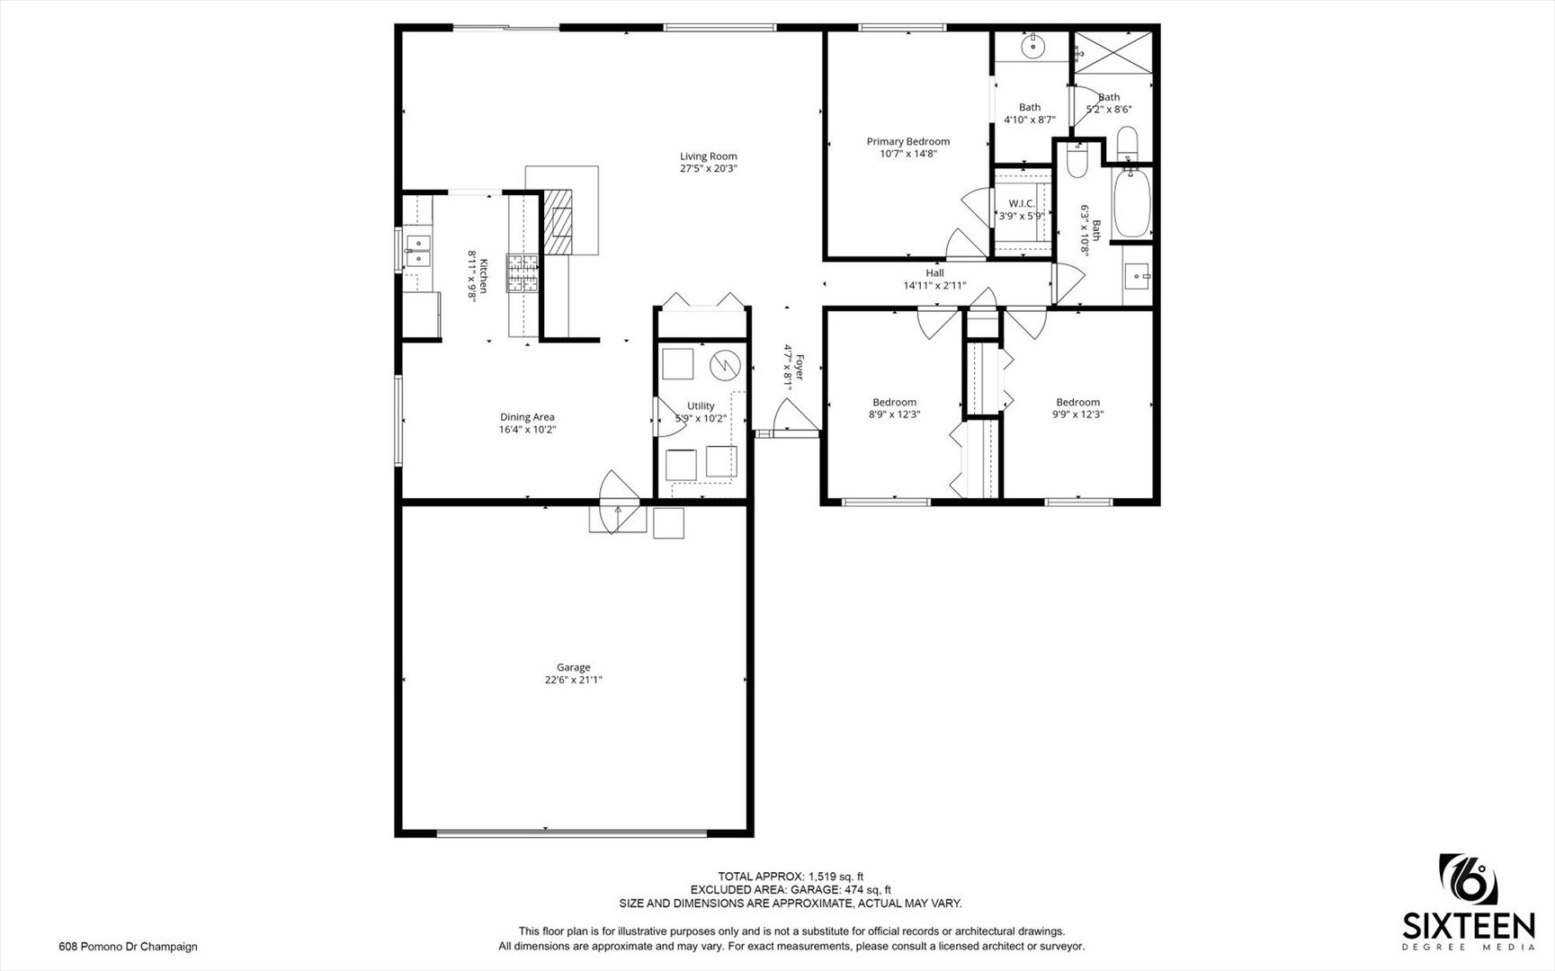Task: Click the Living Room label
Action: [x=709, y=156]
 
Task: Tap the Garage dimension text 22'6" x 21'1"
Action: [x=574, y=681]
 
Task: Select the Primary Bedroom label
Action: [x=908, y=141]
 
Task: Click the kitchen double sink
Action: [x=417, y=249]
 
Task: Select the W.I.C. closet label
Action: [x=1022, y=204]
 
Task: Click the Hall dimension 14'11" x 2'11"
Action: [x=935, y=286]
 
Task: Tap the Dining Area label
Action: [x=528, y=417]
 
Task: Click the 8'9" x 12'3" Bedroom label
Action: [x=895, y=408]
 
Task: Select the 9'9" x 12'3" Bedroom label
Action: [x=1078, y=408]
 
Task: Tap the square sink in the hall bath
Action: [x=1139, y=275]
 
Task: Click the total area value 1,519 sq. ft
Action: [x=836, y=877]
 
